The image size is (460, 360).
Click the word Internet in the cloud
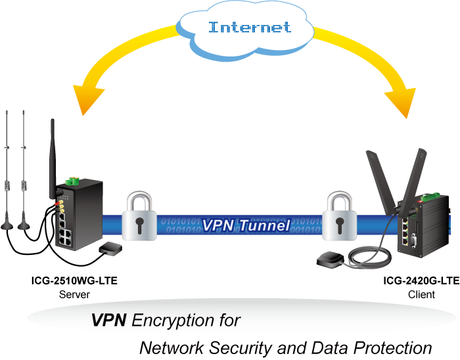[x=249, y=28]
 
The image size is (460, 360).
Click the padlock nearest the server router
[x=139, y=217]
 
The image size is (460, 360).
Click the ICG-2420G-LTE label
[x=421, y=281]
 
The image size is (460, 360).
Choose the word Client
[x=421, y=294]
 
